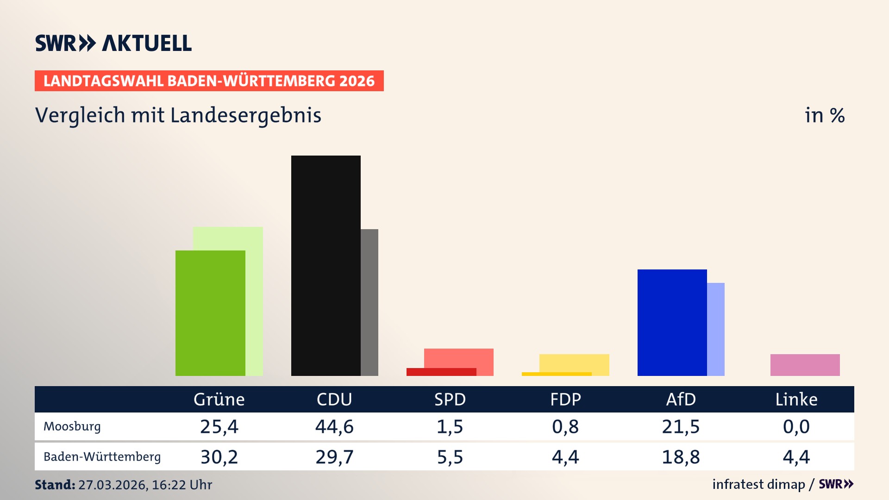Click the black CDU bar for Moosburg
(326, 265)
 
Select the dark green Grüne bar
(210, 313)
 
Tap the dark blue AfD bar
(672, 322)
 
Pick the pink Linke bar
(805, 365)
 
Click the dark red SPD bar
(441, 372)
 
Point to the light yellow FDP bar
(574, 362)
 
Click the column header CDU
(334, 399)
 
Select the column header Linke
(796, 399)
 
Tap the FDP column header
(565, 399)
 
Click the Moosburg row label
(72, 426)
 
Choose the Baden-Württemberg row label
(102, 457)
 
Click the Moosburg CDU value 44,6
(334, 426)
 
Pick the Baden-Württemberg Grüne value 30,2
(219, 457)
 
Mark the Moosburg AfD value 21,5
(681, 426)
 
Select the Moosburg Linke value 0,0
(796, 426)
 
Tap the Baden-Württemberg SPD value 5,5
(450, 457)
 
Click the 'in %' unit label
(825, 115)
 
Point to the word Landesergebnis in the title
(245, 115)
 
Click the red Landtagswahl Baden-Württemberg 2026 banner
(209, 81)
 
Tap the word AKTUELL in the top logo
(147, 43)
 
